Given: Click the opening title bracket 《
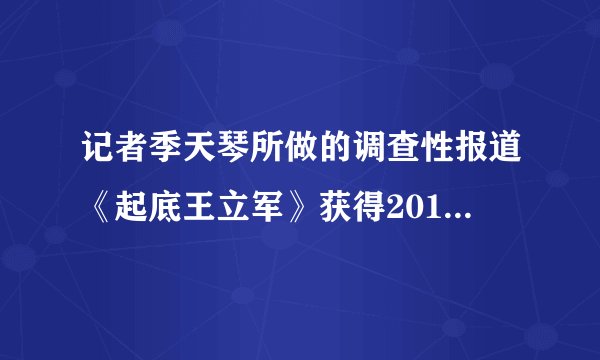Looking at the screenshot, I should [x=97, y=206].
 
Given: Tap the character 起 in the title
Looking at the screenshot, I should [x=127, y=206].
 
